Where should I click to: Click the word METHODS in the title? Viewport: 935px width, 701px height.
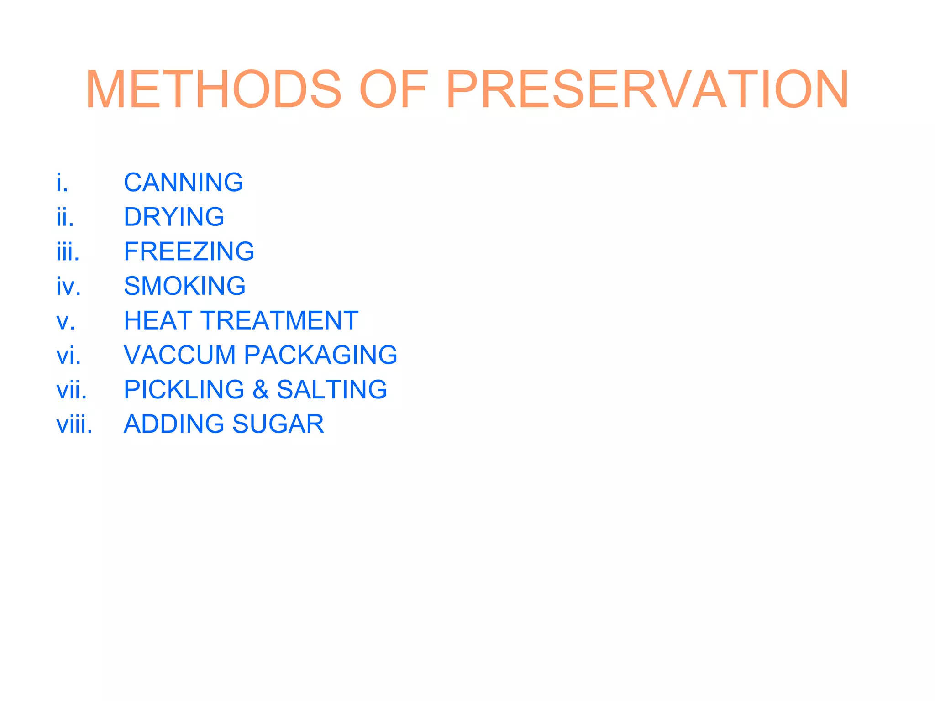point(213,90)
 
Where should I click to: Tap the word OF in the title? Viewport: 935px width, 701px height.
point(394,90)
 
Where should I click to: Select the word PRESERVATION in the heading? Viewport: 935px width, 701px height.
point(648,90)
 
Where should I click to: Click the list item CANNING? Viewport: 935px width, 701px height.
point(183,183)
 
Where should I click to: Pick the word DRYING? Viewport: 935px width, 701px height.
point(174,217)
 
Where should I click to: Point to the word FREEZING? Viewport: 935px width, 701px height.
point(189,251)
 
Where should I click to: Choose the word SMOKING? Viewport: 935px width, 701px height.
point(184,286)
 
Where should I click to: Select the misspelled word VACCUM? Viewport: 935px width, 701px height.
point(179,355)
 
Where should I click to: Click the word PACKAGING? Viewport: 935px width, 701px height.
point(320,355)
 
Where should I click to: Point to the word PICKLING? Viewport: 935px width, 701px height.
point(184,390)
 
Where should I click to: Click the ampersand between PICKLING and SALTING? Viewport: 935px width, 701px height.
point(260,390)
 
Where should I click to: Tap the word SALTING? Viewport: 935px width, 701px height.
point(332,390)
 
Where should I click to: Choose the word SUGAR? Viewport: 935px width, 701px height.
point(278,424)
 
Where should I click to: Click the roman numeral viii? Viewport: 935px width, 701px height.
point(74,424)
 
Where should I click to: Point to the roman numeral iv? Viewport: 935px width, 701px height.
point(68,287)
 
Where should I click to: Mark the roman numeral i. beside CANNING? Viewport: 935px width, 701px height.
point(62,183)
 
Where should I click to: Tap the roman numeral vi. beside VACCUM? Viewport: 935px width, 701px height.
point(68,356)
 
